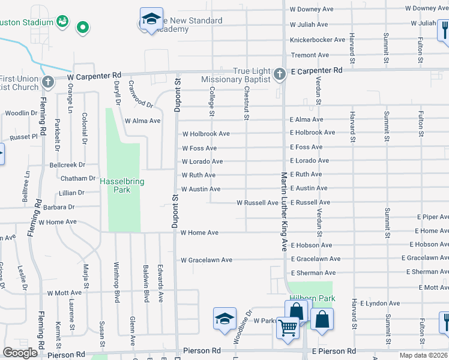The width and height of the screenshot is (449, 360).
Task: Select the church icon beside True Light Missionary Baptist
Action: pyautogui.click(x=279, y=75)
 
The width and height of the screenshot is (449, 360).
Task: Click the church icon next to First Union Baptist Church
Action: pyautogui.click(x=47, y=82)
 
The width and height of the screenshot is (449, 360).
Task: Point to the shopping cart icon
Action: pyautogui.click(x=288, y=328)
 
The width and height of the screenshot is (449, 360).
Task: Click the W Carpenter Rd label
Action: pyautogui.click(x=94, y=77)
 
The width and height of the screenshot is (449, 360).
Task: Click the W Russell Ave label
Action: pyautogui.click(x=257, y=203)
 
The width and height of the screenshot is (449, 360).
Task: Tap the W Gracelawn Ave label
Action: pyautogui.click(x=206, y=260)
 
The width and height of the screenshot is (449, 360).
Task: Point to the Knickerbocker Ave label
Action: pyautogui.click(x=318, y=40)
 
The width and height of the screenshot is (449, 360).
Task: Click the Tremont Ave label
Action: pyautogui.click(x=310, y=55)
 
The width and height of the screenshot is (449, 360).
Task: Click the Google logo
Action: pyautogui.click(x=20, y=353)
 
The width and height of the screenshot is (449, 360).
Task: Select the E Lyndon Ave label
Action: pyautogui.click(x=381, y=304)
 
